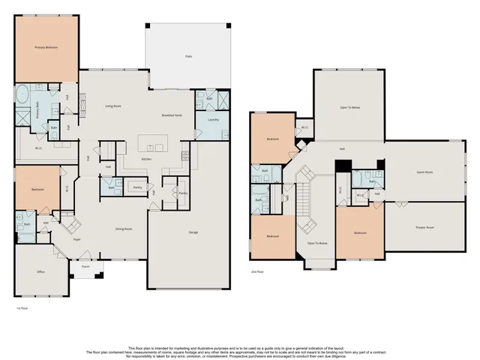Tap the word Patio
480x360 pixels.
[x=187, y=56]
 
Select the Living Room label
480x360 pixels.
[x=113, y=106]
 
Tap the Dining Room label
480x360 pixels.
[x=124, y=229]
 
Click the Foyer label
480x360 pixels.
[x=76, y=240]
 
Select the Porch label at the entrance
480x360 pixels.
[x=85, y=265]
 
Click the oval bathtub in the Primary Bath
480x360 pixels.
[x=22, y=96]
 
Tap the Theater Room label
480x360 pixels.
[x=425, y=226]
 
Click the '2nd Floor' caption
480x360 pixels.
[x=257, y=273]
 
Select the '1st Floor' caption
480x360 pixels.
[x=22, y=308]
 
